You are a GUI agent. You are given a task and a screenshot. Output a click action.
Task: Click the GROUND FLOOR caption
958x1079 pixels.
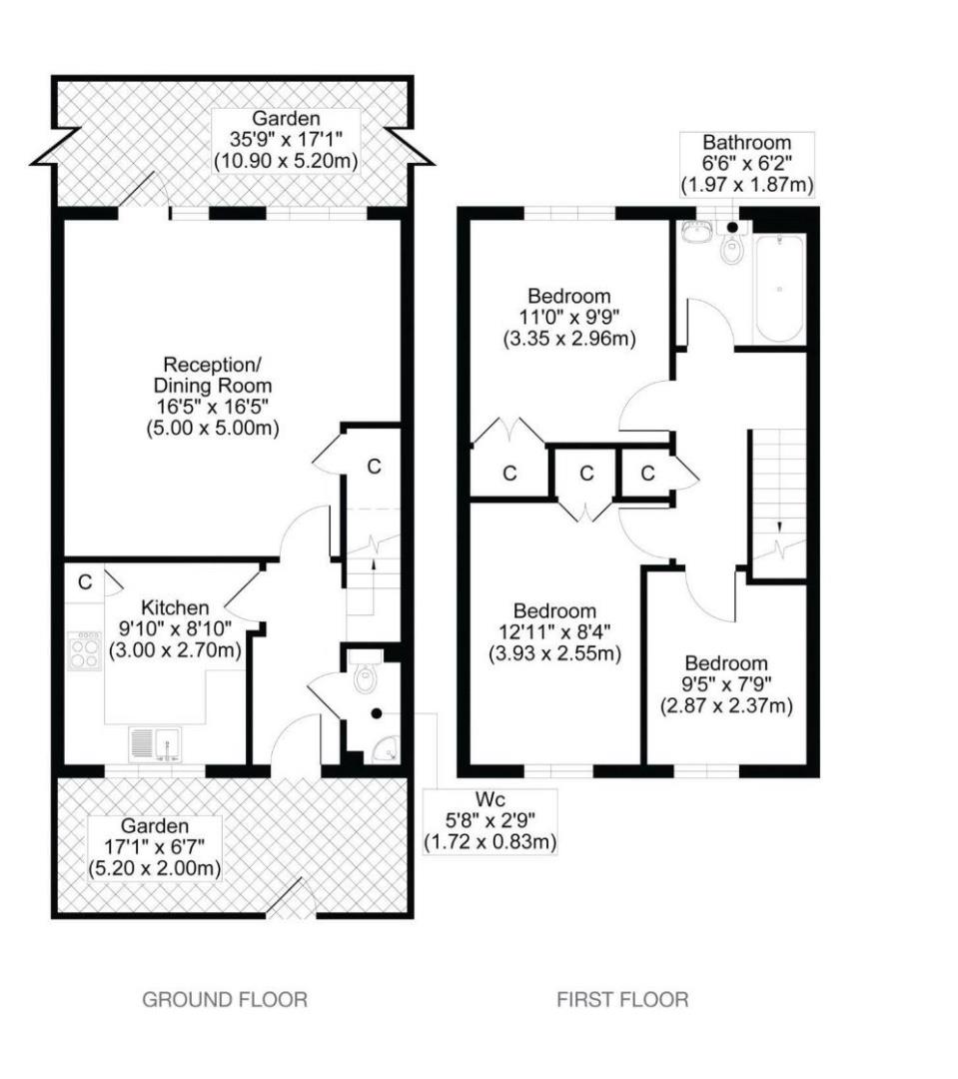[x=225, y=999]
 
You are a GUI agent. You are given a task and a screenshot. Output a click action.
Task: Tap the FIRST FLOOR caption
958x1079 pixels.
[x=622, y=999]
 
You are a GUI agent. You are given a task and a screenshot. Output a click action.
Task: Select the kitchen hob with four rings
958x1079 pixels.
[x=85, y=651]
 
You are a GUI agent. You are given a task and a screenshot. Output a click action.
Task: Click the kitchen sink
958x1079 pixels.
[x=156, y=744]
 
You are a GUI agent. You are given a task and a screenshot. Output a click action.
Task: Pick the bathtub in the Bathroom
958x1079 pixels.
[x=780, y=289]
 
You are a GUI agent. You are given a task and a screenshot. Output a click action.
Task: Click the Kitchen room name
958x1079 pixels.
[x=175, y=607]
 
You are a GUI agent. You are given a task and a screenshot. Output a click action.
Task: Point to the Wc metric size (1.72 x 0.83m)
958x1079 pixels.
[x=489, y=841]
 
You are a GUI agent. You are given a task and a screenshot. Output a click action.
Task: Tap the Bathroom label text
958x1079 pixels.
[x=746, y=143]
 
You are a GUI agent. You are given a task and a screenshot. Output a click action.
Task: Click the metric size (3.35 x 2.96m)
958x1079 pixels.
[x=569, y=339]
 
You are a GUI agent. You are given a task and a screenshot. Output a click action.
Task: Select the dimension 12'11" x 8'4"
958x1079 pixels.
[x=554, y=631]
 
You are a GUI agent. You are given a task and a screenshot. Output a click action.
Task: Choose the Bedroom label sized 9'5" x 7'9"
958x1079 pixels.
[x=726, y=663]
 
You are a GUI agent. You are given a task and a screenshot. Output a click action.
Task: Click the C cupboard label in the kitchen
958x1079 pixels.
[x=85, y=582]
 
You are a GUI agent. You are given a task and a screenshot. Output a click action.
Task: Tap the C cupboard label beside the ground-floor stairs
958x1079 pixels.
[x=374, y=467]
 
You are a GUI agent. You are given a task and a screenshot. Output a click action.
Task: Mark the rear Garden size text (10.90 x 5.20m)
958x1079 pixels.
[x=286, y=162]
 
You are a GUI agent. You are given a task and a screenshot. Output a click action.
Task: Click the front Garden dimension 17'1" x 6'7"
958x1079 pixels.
[x=154, y=847]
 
